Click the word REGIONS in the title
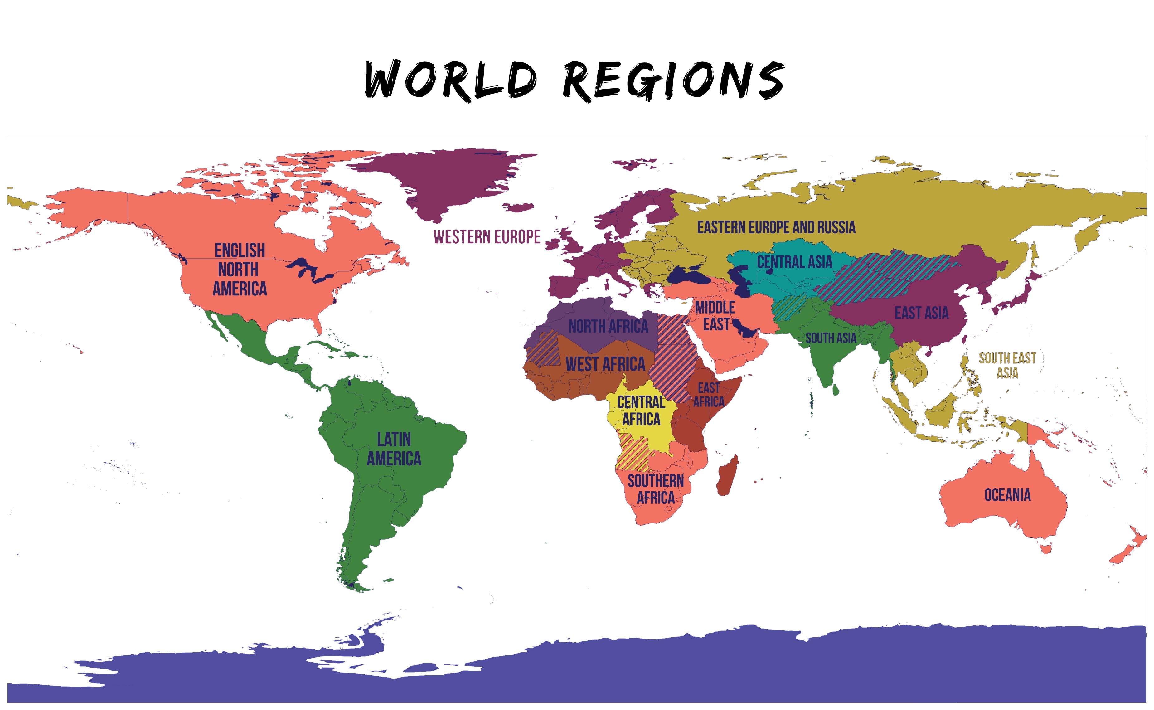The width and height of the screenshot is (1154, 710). tap(673, 81)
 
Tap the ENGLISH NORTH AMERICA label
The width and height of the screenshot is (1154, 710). tap(240, 270)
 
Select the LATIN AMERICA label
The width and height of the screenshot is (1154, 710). tap(394, 449)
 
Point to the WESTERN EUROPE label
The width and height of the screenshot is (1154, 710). tap(487, 237)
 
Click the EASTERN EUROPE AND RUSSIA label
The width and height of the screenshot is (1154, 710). tap(776, 227)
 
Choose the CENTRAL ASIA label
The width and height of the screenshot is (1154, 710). tap(794, 261)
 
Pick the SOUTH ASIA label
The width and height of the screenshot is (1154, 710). tap(831, 338)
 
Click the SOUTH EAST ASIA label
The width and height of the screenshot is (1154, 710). tap(1007, 365)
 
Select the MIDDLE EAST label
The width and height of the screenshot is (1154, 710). tap(715, 316)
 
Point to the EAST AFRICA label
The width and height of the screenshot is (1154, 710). tap(708, 394)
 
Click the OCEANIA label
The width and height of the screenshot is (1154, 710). tap(1007, 495)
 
